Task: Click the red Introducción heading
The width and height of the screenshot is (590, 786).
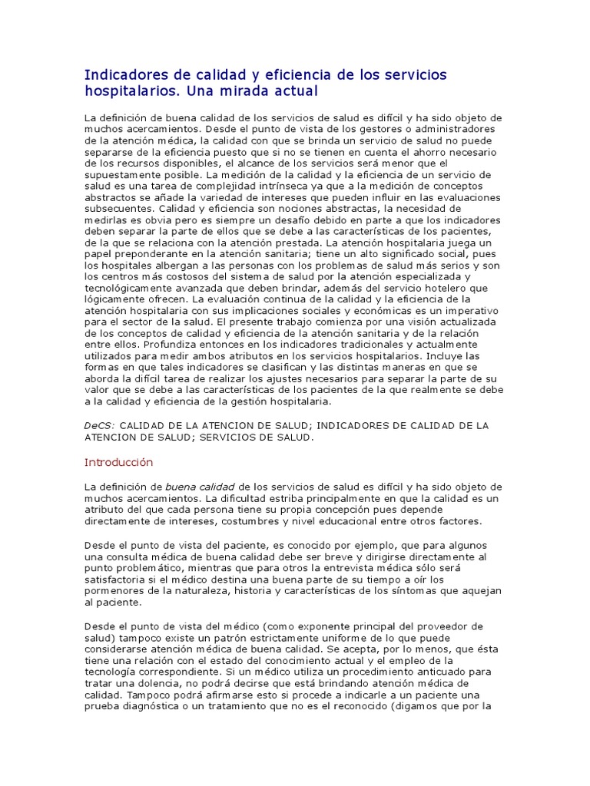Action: [118, 462]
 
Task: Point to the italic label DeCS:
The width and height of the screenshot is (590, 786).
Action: [100, 424]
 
